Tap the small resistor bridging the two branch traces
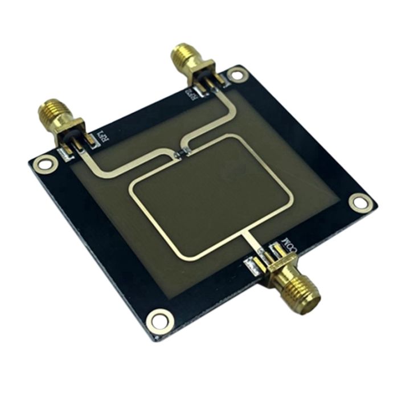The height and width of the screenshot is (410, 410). (x=181, y=152)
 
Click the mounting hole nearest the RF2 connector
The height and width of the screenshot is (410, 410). (x=237, y=73)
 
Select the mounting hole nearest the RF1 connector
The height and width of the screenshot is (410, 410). (x=41, y=165)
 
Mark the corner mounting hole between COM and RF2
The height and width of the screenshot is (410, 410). (x=359, y=201)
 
